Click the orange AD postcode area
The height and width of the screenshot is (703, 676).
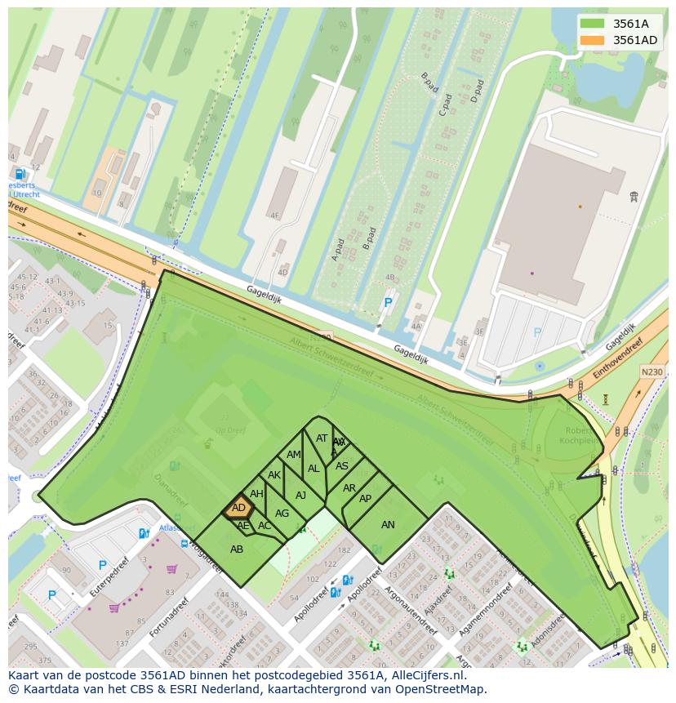tap(238, 508)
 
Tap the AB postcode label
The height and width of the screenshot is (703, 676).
tap(237, 549)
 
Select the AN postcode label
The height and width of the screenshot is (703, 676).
tap(388, 525)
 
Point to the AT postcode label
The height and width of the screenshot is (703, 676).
tap(322, 438)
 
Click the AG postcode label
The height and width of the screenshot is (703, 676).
tap(282, 514)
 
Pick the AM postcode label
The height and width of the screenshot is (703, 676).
tap(294, 455)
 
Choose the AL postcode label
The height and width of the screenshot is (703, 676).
tap(314, 469)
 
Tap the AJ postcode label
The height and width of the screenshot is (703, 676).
tap(300, 496)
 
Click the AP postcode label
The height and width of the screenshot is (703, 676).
tap(365, 499)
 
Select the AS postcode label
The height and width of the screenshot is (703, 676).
tap(342, 466)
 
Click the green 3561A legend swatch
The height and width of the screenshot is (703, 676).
tap(592, 24)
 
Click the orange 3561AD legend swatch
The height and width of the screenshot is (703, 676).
tap(592, 40)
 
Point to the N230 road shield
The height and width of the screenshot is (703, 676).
tap(652, 372)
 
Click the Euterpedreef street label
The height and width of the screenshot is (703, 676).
tap(111, 578)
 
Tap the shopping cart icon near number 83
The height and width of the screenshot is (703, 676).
tap(171, 569)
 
